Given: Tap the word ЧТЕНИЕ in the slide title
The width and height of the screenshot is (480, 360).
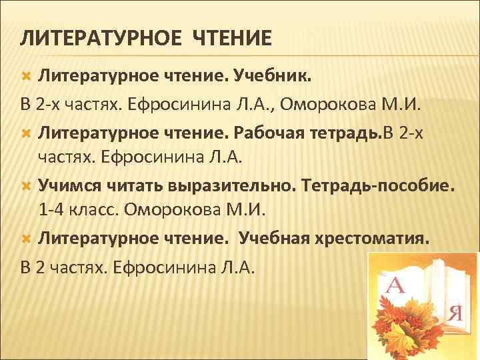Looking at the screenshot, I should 232,39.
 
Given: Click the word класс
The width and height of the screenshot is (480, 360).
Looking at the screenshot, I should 93,210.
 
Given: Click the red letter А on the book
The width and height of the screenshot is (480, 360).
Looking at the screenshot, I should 395,287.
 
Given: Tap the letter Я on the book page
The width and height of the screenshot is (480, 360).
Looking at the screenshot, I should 456,311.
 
